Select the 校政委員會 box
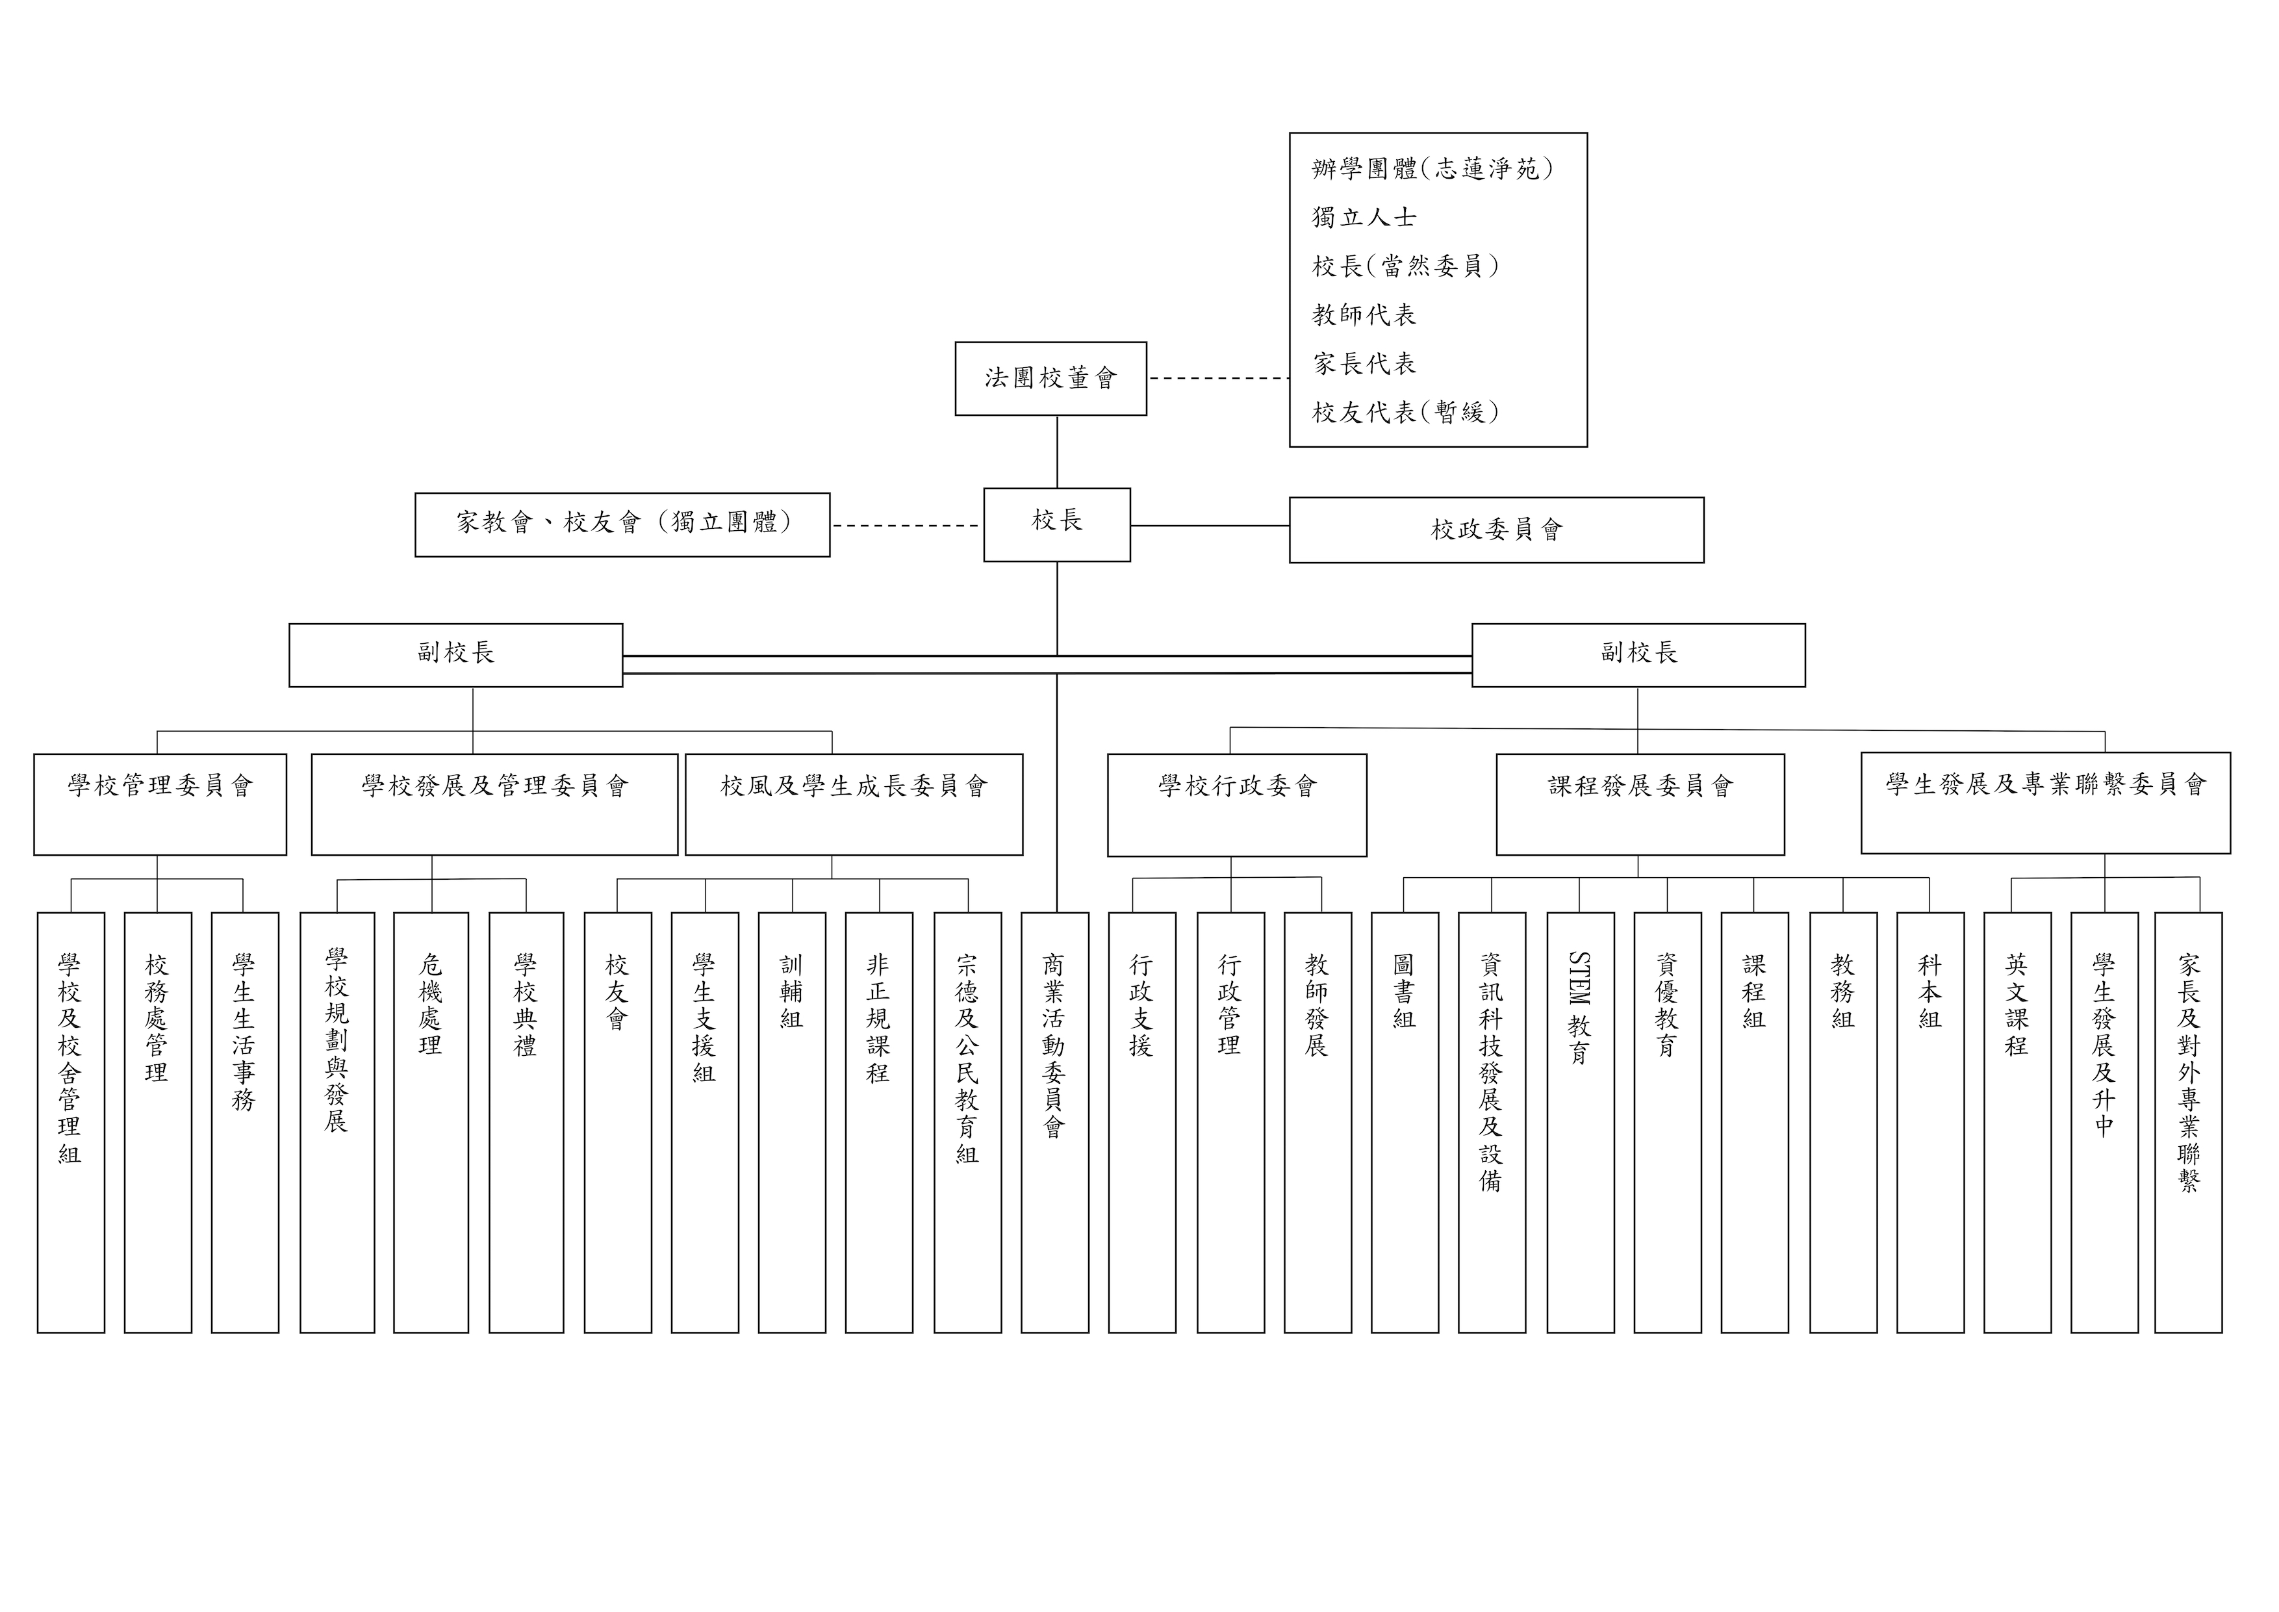pyautogui.click(x=1496, y=530)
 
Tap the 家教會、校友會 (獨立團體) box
pyautogui.click(x=622, y=524)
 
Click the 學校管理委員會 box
pyautogui.click(x=160, y=804)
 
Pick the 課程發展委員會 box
pyautogui.click(x=1640, y=804)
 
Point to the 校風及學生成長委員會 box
pyautogui.click(x=854, y=804)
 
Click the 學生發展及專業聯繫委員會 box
pyautogui.click(x=2046, y=803)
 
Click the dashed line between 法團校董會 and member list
pyautogui.click(x=1219, y=378)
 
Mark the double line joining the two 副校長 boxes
pyautogui.click(x=1047, y=664)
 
